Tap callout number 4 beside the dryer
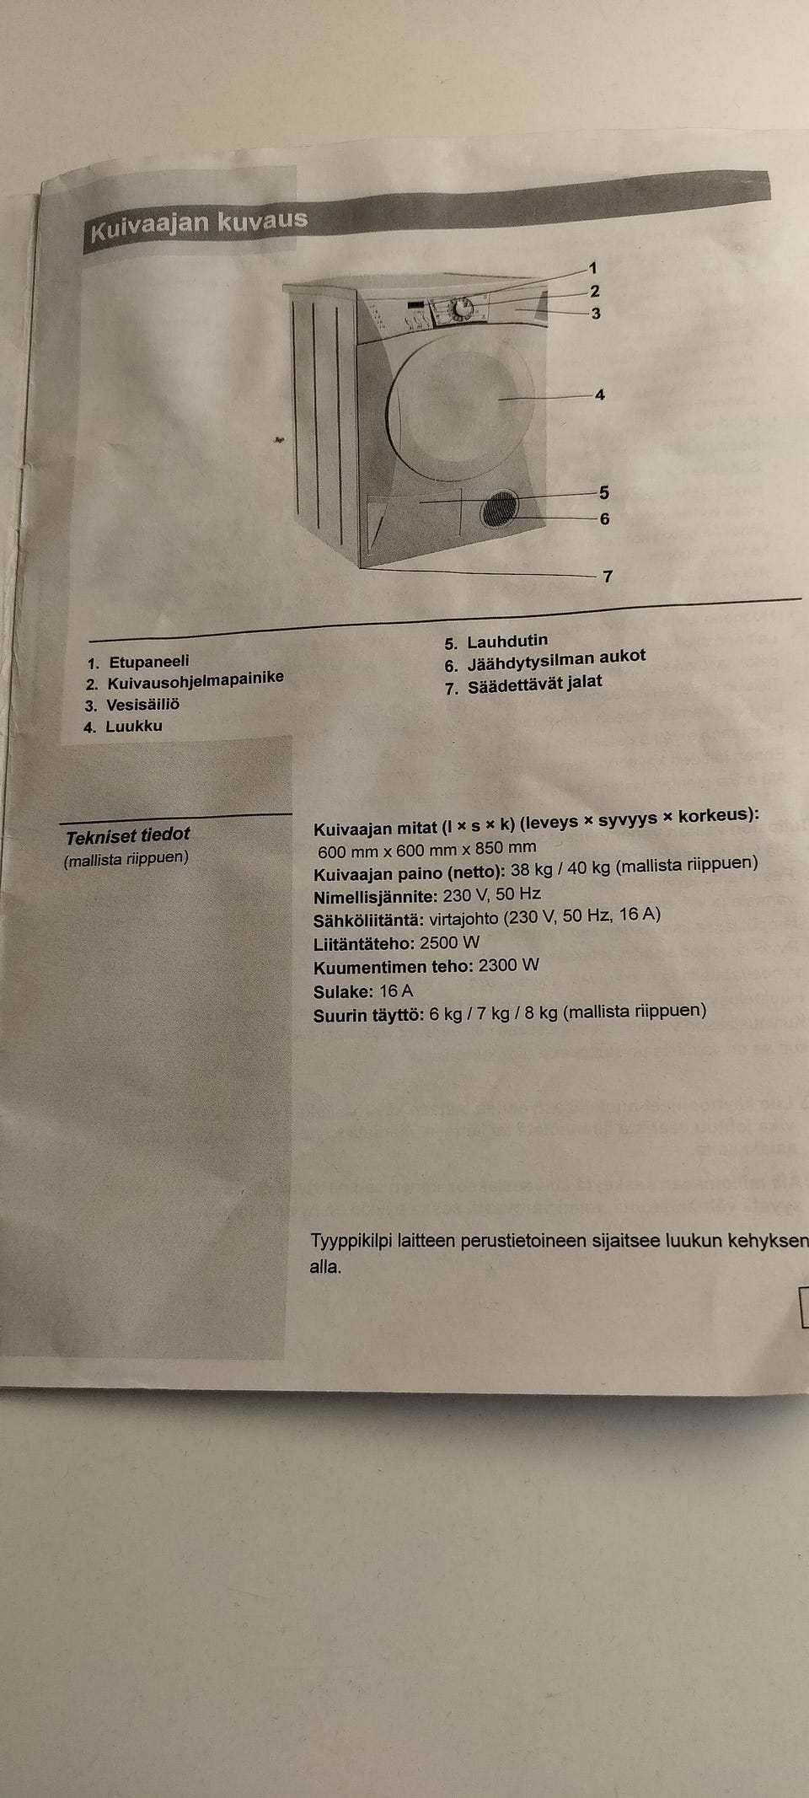[x=599, y=394]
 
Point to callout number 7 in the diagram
[x=608, y=577]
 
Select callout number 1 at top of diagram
[x=592, y=268]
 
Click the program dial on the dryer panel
[x=461, y=309]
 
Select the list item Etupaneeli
[x=149, y=662]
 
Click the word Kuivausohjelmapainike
[x=196, y=680]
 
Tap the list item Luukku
[x=134, y=726]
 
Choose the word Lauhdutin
[x=507, y=641]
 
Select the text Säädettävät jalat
[x=535, y=684]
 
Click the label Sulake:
[x=343, y=991]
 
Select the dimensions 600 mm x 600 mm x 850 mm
[x=426, y=849]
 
